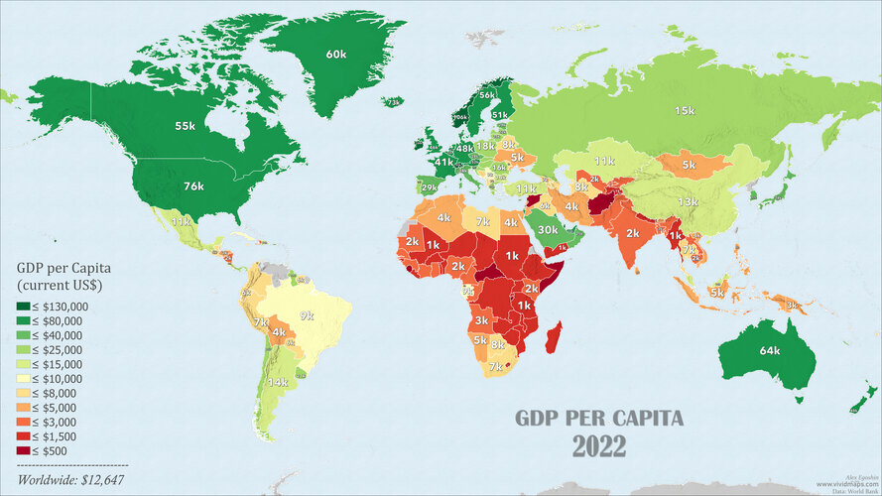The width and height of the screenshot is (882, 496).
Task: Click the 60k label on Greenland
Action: [x=335, y=54]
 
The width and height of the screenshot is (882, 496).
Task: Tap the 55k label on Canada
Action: [x=185, y=126]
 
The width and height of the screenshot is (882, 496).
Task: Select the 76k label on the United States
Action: [x=192, y=186]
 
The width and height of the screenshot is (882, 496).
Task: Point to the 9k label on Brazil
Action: [x=307, y=315]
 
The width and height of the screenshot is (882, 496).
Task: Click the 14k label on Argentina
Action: [x=279, y=382]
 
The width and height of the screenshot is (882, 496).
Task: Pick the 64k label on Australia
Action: [x=770, y=350]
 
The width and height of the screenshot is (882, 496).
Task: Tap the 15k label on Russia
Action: [x=685, y=110]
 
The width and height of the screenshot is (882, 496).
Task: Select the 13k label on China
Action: [x=687, y=202]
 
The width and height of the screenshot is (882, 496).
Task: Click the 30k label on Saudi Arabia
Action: [x=548, y=229]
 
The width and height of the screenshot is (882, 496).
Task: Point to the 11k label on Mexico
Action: [x=180, y=222]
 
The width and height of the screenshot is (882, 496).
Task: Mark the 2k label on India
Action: [x=631, y=234]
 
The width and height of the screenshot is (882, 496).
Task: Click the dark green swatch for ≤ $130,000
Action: [x=24, y=307]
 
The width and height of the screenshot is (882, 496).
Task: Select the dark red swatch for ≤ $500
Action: [x=24, y=450]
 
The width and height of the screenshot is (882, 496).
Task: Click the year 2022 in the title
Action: [x=598, y=446]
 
